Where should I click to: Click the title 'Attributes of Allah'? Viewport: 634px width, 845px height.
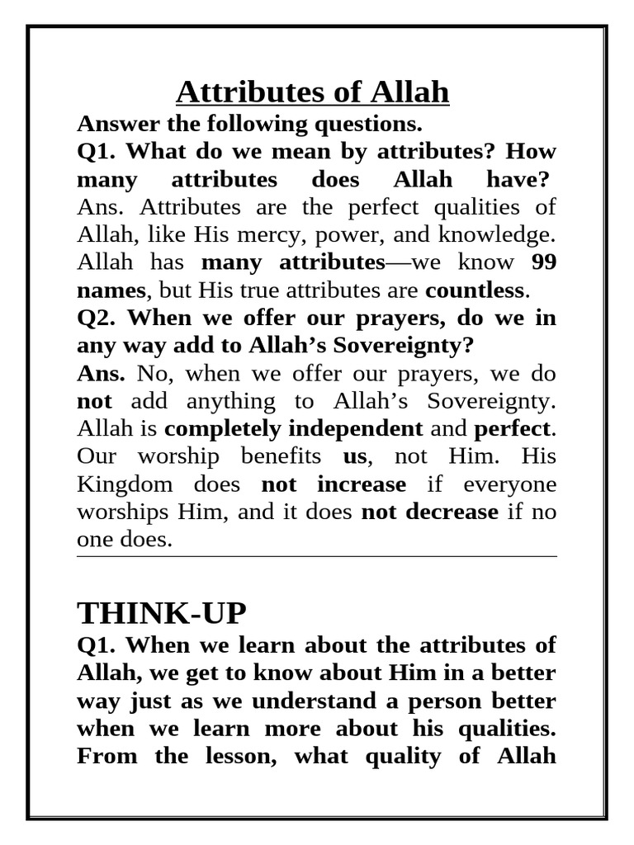click(x=313, y=92)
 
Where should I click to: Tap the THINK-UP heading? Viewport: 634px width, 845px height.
click(x=161, y=614)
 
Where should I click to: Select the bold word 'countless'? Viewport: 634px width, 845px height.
click(x=475, y=290)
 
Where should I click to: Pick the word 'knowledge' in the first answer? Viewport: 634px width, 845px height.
click(x=504, y=235)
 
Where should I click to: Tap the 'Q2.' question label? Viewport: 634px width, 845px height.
click(x=98, y=318)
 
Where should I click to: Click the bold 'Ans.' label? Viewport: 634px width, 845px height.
click(x=101, y=373)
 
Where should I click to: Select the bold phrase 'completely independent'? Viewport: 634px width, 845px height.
click(x=294, y=428)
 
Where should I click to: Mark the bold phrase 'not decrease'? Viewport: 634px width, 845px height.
click(x=430, y=512)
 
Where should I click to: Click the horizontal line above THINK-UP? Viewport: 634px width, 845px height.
click(x=316, y=557)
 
